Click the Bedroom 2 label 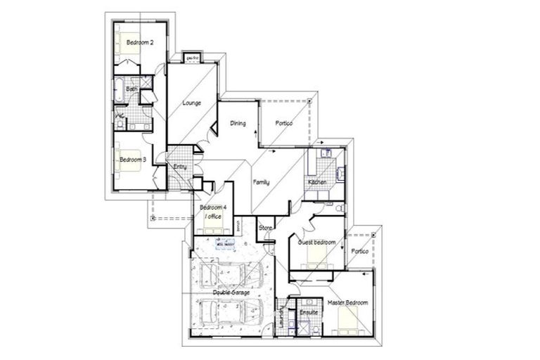click(x=140, y=43)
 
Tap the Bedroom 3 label click(x=132, y=160)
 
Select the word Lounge click(x=192, y=103)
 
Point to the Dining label click(x=238, y=124)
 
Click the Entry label click(x=180, y=167)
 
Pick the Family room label click(x=262, y=182)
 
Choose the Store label click(x=265, y=228)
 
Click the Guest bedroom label click(x=316, y=243)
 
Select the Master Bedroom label click(x=348, y=302)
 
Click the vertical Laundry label click(x=283, y=312)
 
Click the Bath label click(x=131, y=89)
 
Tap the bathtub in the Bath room click(x=119, y=91)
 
